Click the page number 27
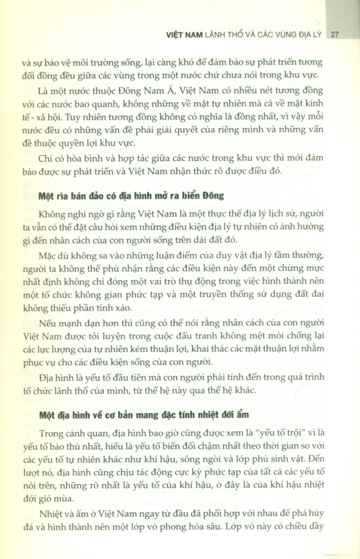(x=336, y=34)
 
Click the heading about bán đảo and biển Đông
(x=132, y=195)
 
